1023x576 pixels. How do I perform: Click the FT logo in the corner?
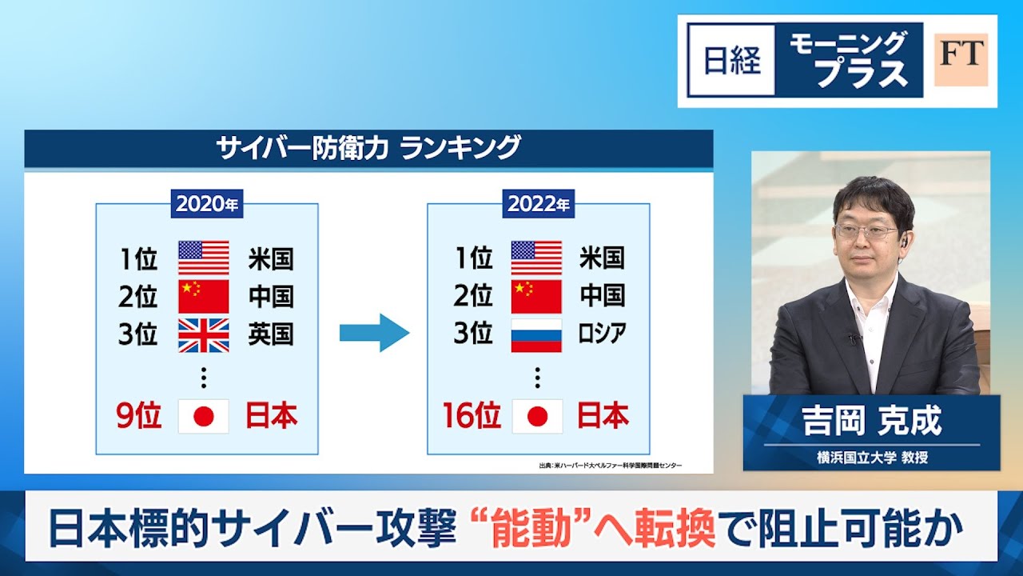961,60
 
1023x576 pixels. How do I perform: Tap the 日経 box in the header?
732,61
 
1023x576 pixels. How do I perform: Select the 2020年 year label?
207,204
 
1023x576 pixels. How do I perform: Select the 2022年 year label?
539,204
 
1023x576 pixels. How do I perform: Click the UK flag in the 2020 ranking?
203,335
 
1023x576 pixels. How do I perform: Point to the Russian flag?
536,335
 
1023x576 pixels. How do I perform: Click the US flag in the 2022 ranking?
536,258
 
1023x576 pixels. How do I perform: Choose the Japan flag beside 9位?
203,416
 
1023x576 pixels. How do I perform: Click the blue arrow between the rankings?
374,332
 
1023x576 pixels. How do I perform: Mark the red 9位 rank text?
139,416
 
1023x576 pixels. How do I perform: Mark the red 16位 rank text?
472,416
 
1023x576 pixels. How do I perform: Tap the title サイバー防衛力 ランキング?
368,148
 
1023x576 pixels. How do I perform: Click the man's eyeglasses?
866,232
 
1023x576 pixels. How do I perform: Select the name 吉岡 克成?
872,421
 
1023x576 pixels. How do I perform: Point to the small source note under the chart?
611,466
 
